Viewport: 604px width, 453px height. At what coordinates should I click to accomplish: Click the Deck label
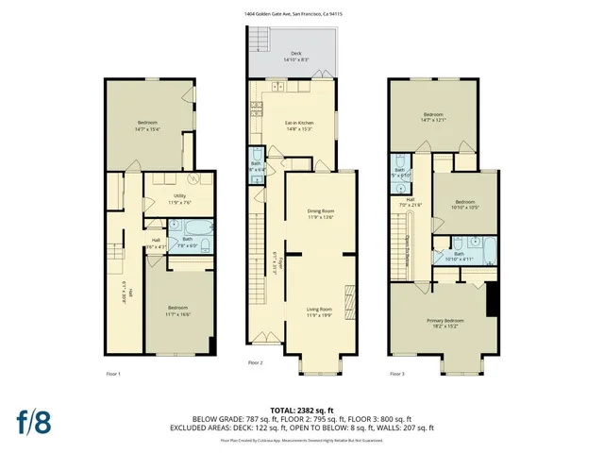pyautogui.click(x=295, y=57)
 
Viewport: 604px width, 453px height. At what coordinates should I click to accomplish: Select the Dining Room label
pyautogui.click(x=321, y=213)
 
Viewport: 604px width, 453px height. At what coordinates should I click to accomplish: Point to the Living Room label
pyautogui.click(x=321, y=311)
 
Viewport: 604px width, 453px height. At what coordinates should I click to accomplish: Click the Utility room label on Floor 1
pyautogui.click(x=179, y=200)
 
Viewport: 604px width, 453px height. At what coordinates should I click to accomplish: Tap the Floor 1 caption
pyautogui.click(x=113, y=375)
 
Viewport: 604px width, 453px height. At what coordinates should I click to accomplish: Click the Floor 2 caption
pyautogui.click(x=255, y=362)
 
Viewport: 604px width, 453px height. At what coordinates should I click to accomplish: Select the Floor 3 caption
pyautogui.click(x=397, y=375)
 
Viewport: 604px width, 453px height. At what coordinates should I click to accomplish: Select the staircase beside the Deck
pyautogui.click(x=253, y=38)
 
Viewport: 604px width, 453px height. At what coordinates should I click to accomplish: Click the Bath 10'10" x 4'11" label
pyautogui.click(x=459, y=255)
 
